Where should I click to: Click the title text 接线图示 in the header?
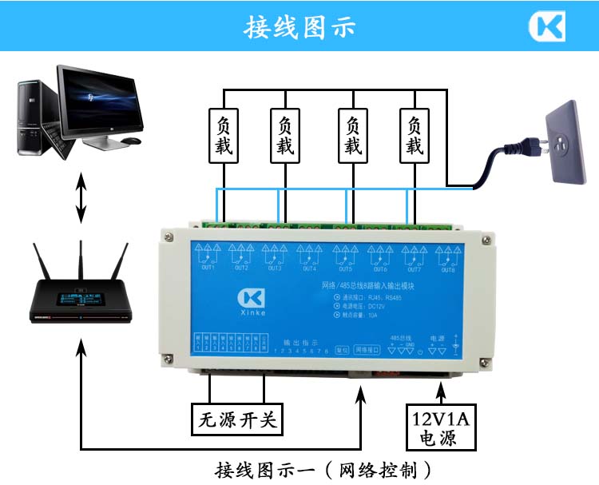(x=299, y=26)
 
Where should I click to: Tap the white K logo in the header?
(x=547, y=26)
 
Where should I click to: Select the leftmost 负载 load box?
(x=222, y=136)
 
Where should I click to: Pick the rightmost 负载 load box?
(x=413, y=136)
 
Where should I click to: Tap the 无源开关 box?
(x=237, y=419)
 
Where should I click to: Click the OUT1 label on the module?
(x=208, y=268)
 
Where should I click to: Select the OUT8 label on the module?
(x=446, y=268)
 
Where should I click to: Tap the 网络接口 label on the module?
(x=369, y=350)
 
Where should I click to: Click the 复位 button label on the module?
(x=342, y=350)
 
